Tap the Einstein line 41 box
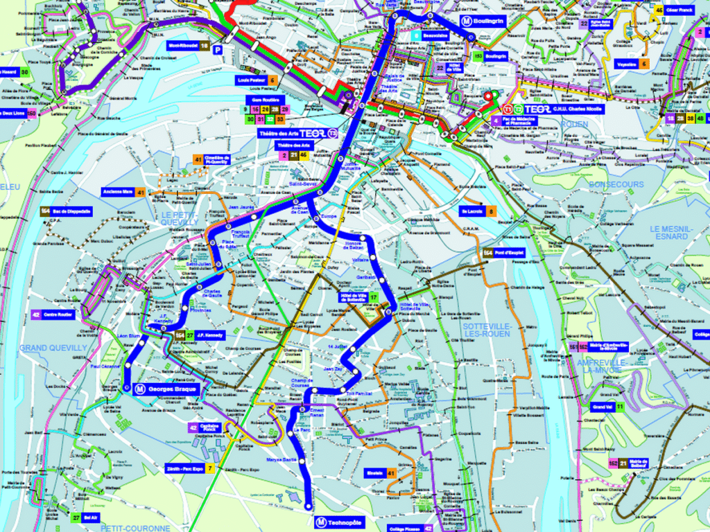pos(381,474)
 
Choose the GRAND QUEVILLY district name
pos(53,347)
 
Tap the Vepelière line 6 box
pos(632,64)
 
